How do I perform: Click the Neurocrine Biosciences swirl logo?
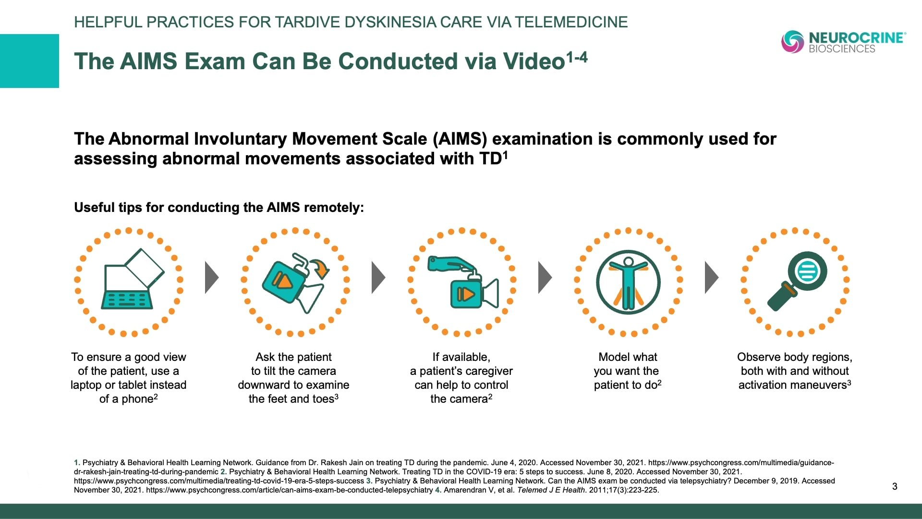pos(792,41)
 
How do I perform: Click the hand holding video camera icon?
pos(463,282)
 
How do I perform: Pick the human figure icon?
pos(628,282)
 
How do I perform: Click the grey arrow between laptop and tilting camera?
pos(212,277)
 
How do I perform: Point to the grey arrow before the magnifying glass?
pos(712,277)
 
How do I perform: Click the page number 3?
pos(895,486)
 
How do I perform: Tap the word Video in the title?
pos(534,62)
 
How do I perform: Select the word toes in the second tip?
pos(323,399)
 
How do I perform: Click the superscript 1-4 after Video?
pos(577,58)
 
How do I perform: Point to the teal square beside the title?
pos(29,61)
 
